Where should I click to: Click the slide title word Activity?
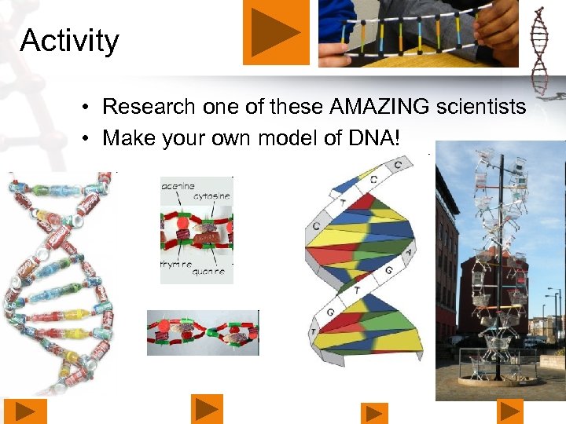tap(69, 40)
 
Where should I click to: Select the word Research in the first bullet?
tap(149, 106)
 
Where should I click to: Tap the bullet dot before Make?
tap(92, 138)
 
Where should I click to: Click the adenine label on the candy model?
tap(177, 186)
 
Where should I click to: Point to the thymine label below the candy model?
tap(176, 265)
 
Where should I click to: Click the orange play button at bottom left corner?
tap(26, 411)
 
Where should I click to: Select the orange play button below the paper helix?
tap(374, 413)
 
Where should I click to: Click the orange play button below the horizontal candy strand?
tap(207, 409)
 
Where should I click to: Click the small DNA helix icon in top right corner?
tap(539, 51)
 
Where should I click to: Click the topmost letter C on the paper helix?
tap(399, 164)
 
